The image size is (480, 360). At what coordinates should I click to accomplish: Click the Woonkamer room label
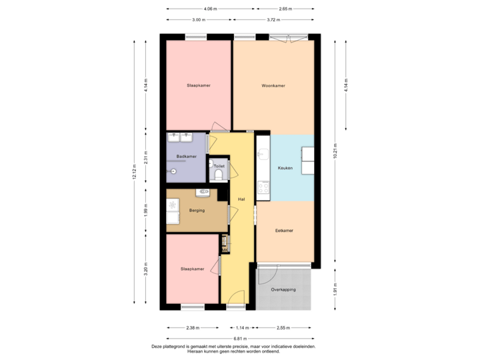(x=273, y=86)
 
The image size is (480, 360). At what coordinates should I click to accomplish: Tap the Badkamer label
(x=186, y=157)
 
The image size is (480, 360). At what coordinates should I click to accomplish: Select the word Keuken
(x=285, y=169)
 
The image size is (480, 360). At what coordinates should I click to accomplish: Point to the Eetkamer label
(x=285, y=231)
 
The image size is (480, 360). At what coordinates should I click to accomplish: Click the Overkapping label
(x=283, y=290)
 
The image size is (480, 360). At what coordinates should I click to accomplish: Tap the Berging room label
(x=196, y=211)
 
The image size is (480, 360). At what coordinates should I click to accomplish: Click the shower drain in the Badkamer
(x=174, y=171)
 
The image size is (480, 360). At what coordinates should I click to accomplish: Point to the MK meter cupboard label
(x=225, y=250)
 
